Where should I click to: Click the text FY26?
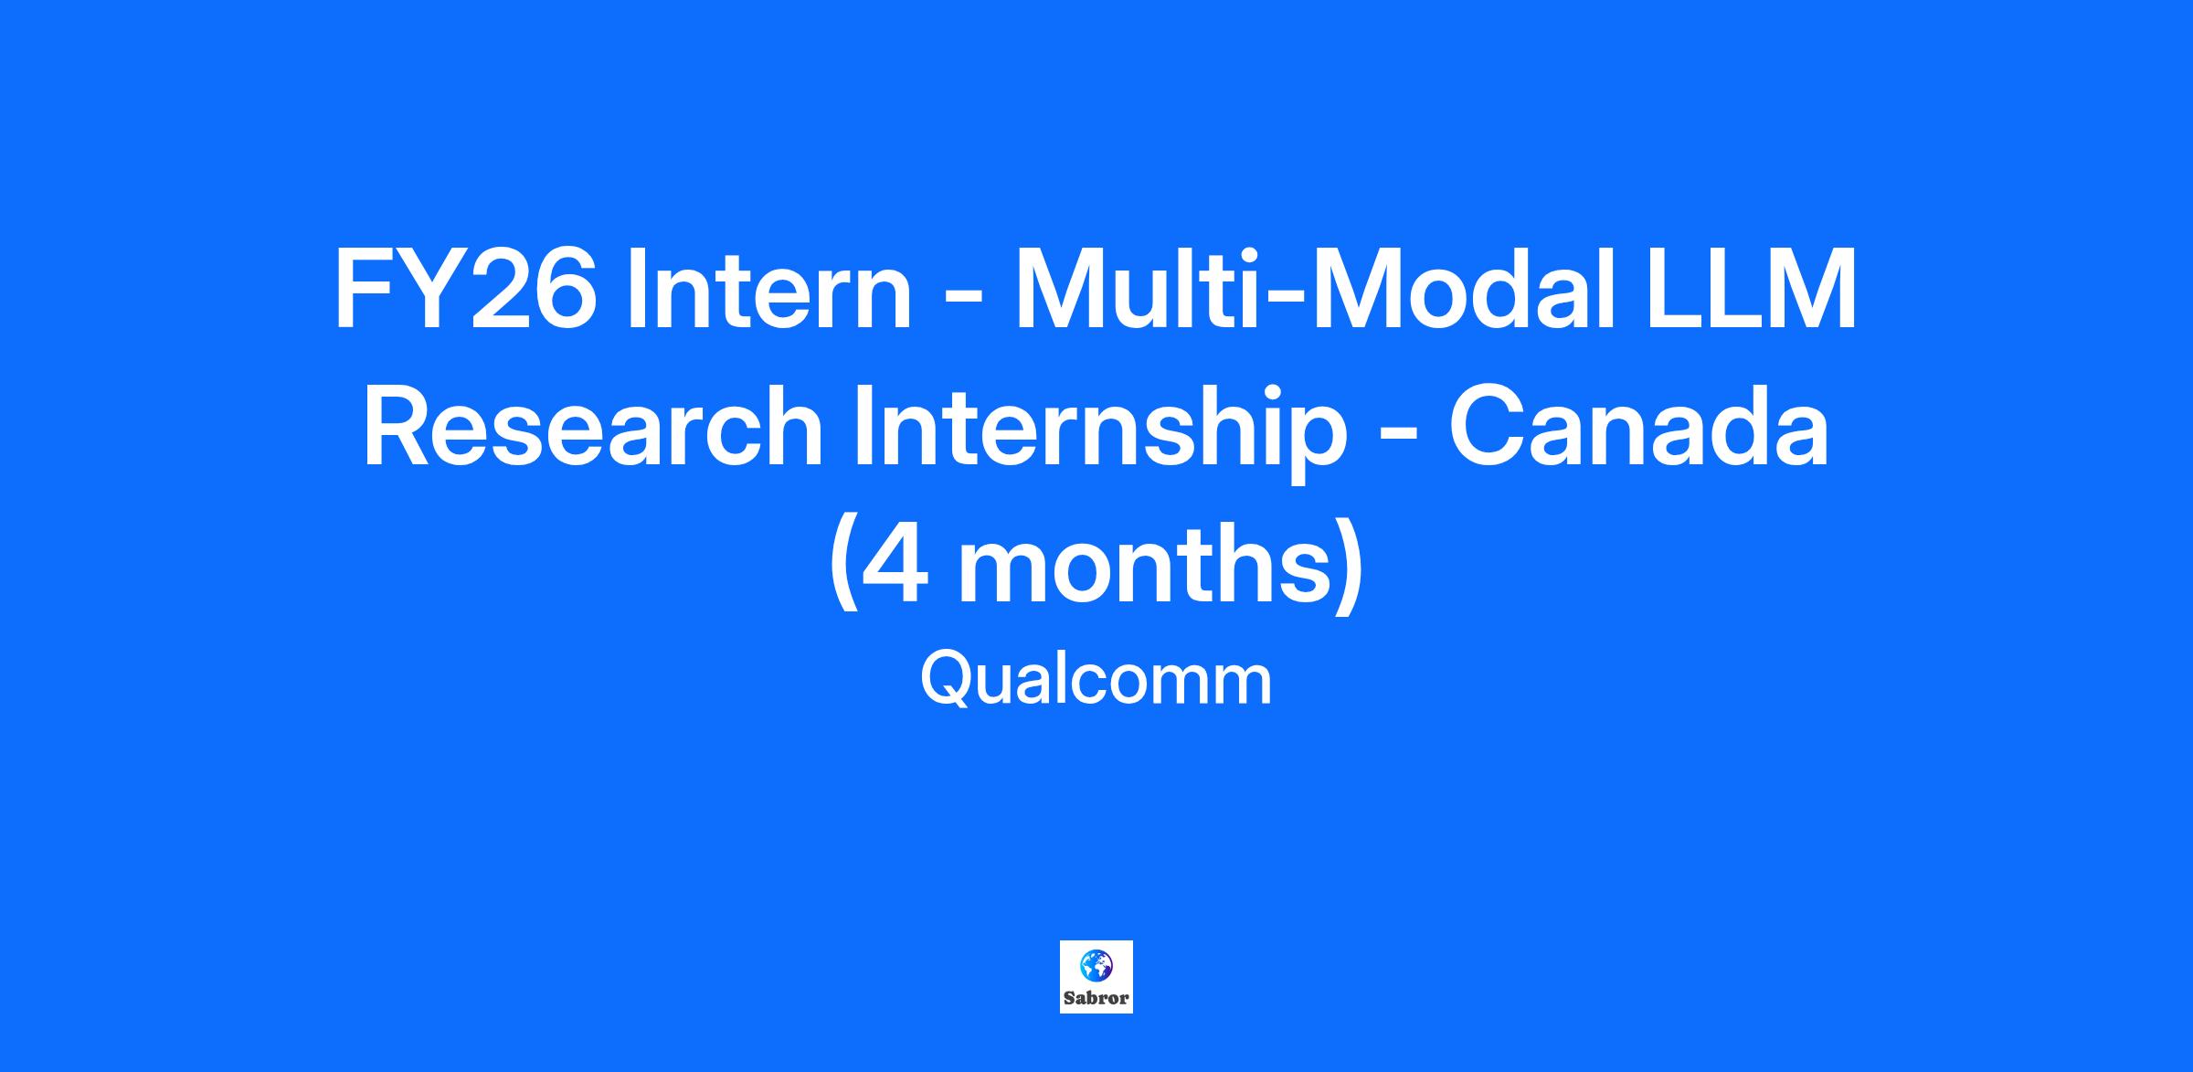pyautogui.click(x=465, y=289)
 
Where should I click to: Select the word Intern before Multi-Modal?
pyautogui.click(x=769, y=289)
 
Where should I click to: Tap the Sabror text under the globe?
pyautogui.click(x=1096, y=998)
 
